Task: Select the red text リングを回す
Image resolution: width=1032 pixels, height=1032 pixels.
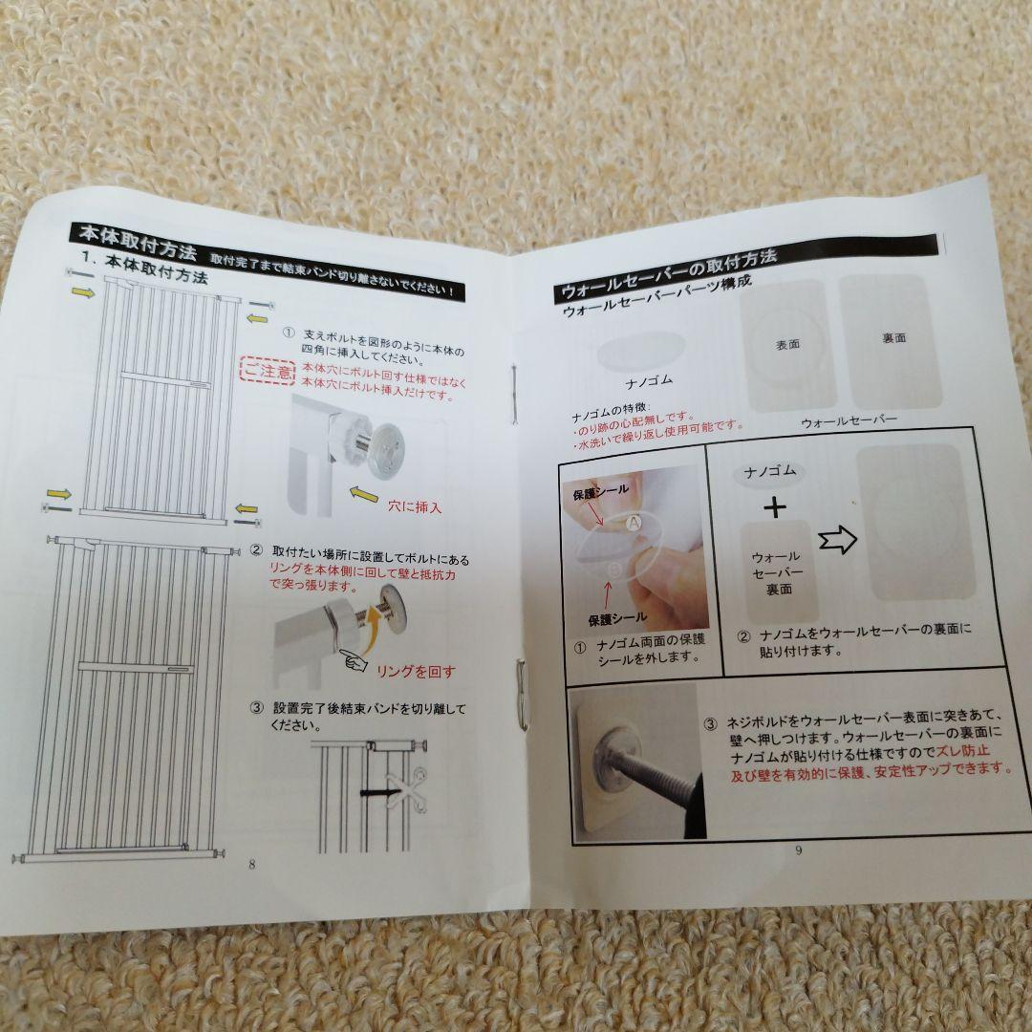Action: click(x=415, y=671)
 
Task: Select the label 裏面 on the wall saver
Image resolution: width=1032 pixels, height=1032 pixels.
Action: click(x=892, y=338)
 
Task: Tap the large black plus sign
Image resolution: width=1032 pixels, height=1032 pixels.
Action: click(x=775, y=506)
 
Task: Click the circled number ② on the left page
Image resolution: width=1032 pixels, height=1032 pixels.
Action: click(x=256, y=551)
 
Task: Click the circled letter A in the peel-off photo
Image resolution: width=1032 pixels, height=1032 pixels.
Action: click(x=633, y=523)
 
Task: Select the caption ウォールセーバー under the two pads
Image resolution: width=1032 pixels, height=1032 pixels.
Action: click(x=849, y=421)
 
